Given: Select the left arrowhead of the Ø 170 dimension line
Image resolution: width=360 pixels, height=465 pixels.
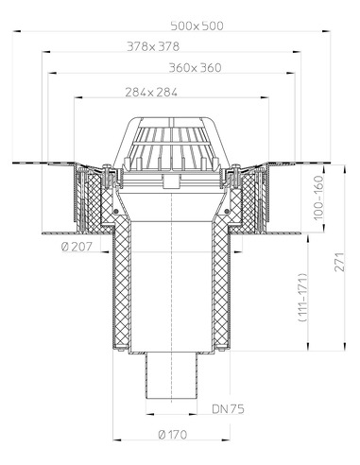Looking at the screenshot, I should coord(115,440).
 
